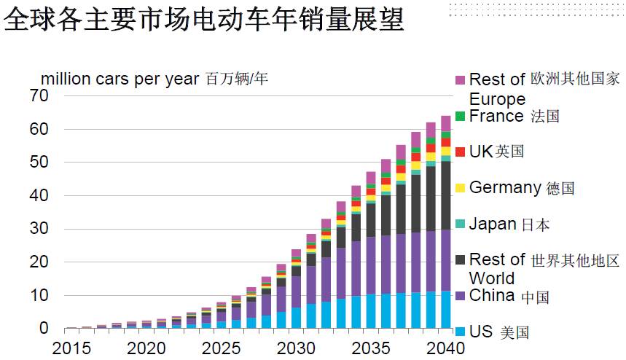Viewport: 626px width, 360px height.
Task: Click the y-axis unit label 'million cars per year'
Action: [x=120, y=79]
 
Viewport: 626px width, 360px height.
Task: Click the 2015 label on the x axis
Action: [x=71, y=347]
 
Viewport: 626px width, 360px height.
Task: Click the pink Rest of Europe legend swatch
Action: [x=460, y=79]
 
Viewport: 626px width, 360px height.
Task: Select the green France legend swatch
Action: [x=460, y=116]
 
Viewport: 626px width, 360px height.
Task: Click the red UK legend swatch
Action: [x=460, y=152]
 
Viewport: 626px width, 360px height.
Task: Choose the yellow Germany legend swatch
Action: [x=460, y=188]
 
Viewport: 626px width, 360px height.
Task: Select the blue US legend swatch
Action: [x=460, y=332]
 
